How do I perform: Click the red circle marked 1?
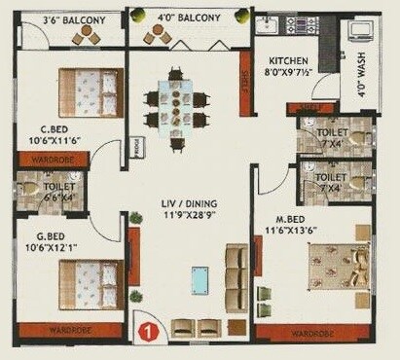146,330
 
